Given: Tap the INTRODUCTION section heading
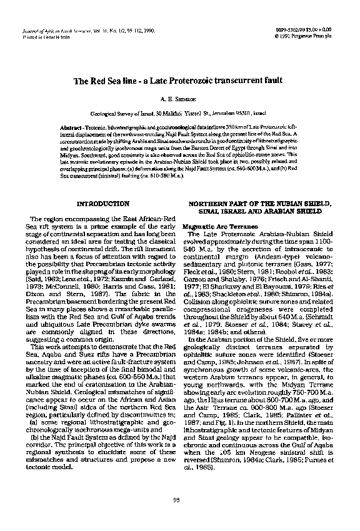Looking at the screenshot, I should (102, 204).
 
